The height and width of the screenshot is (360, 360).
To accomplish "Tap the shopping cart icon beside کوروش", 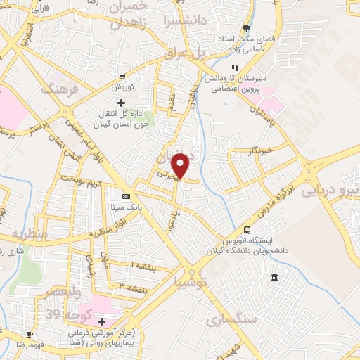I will point(123,77).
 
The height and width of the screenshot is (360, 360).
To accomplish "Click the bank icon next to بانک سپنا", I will point(126,196).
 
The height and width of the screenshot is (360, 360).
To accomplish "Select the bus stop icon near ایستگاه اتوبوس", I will point(247,230).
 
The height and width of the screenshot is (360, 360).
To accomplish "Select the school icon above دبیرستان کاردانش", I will point(236,67).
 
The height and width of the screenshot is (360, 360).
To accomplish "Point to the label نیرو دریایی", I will point(330,191).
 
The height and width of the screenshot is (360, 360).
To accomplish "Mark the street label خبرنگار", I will point(261,149).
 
